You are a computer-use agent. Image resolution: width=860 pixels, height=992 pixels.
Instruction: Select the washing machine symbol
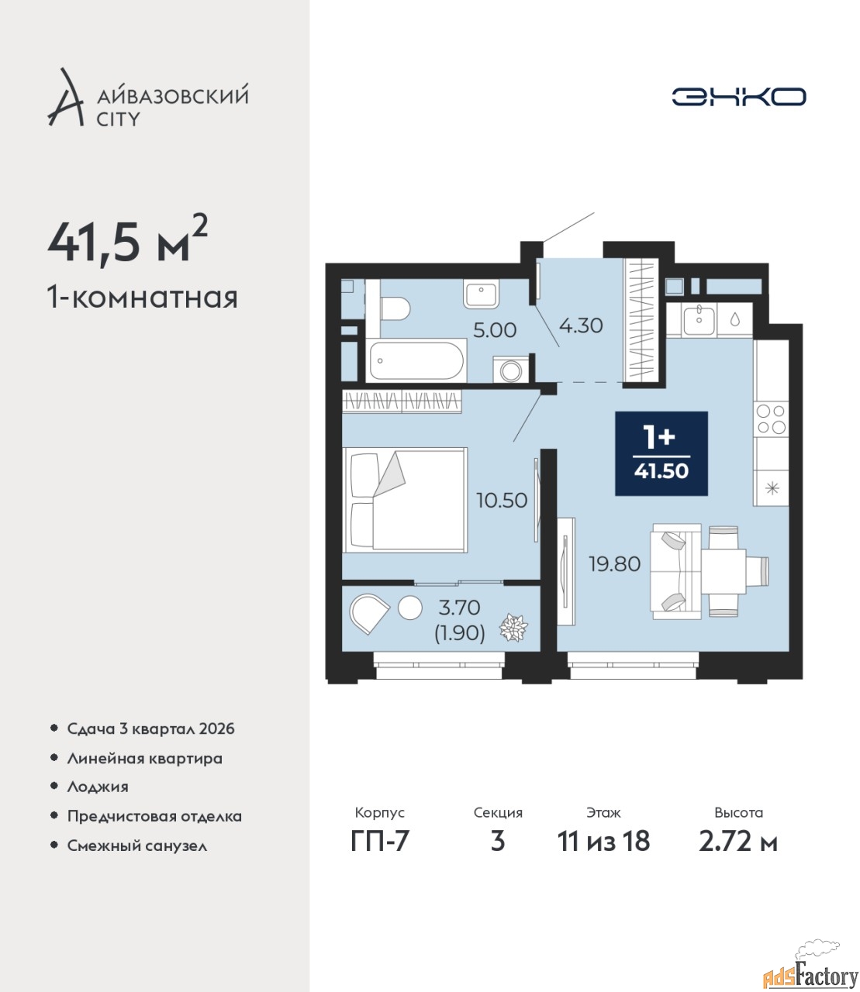[x=511, y=370]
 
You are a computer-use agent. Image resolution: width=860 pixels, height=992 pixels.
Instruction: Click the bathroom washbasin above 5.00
[x=481, y=295]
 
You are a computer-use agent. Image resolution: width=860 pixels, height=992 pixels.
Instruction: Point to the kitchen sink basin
[x=699, y=318]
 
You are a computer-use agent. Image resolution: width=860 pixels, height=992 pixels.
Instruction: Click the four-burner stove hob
[x=770, y=418]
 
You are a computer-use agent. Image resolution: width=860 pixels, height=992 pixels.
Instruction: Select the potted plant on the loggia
[x=514, y=627]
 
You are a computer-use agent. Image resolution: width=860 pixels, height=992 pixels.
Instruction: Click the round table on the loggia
[x=410, y=607]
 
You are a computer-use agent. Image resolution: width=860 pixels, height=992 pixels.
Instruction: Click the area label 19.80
[x=615, y=564]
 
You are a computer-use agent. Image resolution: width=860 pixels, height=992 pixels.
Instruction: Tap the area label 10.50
[x=502, y=501]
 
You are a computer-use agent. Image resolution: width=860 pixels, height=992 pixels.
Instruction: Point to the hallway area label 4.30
[x=581, y=325]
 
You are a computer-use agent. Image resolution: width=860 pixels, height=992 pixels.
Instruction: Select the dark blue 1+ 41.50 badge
[x=661, y=453]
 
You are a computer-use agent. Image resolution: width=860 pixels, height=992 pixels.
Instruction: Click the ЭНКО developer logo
[x=738, y=96]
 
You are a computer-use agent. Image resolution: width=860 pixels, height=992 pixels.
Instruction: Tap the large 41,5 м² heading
[x=128, y=243]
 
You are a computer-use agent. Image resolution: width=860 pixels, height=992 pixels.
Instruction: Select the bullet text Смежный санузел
[x=137, y=846]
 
